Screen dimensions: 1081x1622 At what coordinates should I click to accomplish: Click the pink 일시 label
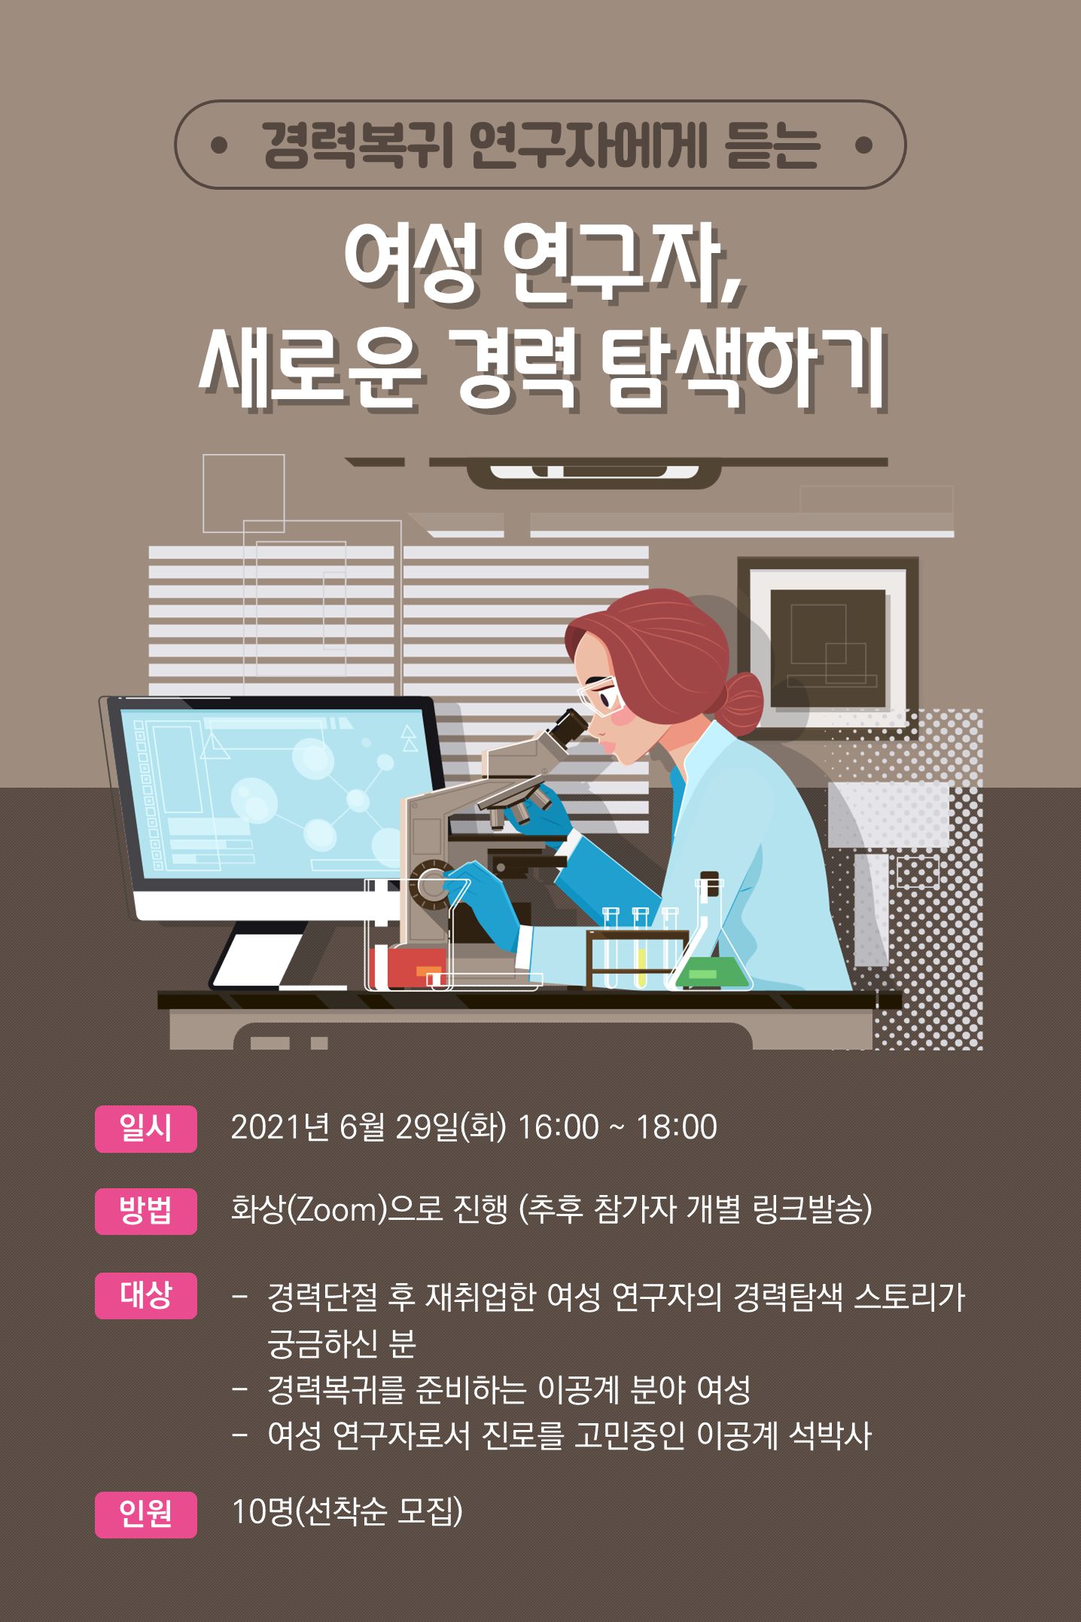(x=145, y=1128)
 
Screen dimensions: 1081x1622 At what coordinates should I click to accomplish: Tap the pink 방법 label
(x=145, y=1211)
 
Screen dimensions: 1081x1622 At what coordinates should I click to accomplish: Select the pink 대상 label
(x=145, y=1295)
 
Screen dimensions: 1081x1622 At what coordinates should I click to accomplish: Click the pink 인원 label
(x=145, y=1514)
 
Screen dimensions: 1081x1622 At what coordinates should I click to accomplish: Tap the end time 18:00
(x=677, y=1127)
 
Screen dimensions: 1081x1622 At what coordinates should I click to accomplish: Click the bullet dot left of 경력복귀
(x=219, y=145)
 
